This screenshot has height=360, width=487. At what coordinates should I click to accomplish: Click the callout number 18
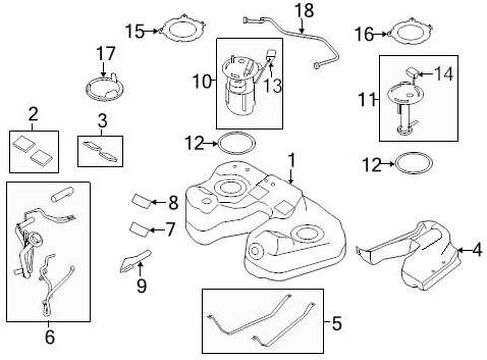304,10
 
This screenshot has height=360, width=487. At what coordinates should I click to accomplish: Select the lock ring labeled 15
182,19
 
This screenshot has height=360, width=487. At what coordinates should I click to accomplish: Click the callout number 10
202,82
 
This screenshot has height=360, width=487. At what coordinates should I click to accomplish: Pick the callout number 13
273,85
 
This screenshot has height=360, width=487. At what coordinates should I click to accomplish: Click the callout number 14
444,74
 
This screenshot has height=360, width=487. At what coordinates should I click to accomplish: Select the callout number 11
366,100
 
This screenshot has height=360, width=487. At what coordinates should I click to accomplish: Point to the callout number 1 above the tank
292,161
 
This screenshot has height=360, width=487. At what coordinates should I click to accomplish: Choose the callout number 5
337,323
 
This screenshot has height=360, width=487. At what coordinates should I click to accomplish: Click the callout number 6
50,337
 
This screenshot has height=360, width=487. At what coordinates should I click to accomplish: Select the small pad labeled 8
142,201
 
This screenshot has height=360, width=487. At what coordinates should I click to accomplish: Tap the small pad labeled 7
140,229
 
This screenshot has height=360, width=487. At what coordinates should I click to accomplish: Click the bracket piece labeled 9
135,261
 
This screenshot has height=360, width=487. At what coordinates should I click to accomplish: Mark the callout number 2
33,115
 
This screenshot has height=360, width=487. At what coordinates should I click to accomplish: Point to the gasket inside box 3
100,152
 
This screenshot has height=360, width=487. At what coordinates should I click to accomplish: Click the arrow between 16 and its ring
380,34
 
